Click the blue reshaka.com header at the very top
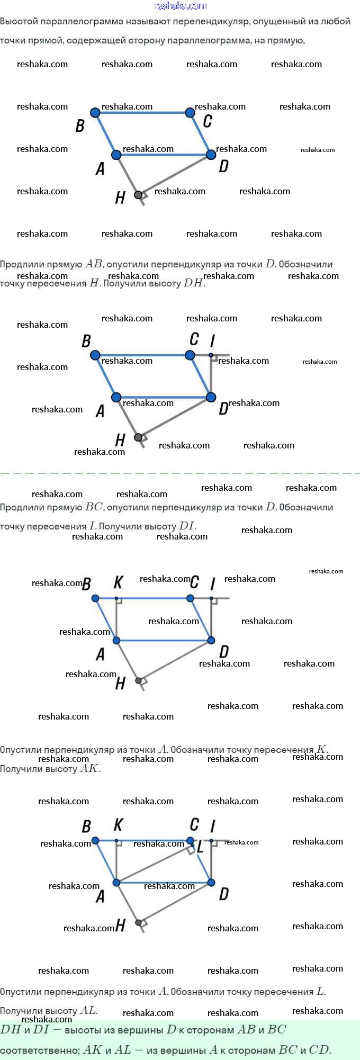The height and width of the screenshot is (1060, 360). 180,6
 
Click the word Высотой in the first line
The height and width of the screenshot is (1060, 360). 17,22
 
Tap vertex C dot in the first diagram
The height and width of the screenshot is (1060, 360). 190,112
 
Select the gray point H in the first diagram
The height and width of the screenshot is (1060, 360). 138,195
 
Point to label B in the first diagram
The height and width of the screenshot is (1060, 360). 80,125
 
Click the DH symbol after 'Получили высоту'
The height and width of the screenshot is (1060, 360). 193,283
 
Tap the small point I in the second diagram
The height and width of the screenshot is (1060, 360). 211,355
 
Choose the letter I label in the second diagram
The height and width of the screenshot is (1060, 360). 212,340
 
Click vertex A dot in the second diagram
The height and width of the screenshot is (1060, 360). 116,397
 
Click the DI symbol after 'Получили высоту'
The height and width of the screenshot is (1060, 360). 187,526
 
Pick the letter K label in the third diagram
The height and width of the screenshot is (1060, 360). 118,582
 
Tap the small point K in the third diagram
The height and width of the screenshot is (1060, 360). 116,598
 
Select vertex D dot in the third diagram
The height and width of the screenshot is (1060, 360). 211,641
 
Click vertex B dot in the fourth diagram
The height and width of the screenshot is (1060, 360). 95,840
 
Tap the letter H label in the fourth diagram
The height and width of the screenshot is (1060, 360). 120,926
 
